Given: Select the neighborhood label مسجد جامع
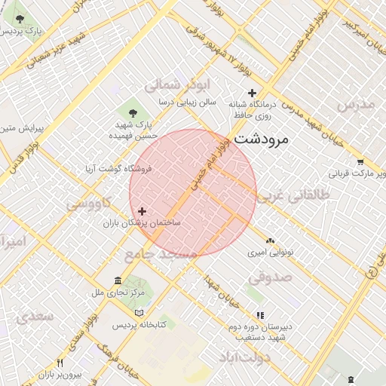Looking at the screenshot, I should coord(161,255).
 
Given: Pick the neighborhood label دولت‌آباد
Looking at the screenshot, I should coord(241,357).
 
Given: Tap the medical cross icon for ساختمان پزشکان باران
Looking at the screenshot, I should coord(142,211).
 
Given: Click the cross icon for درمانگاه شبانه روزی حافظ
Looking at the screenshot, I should coord(252,93).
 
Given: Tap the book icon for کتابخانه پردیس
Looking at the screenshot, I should coord(138,313).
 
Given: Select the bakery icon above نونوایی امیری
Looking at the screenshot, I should coord(270,241).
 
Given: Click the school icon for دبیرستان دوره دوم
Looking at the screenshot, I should coord(260,315).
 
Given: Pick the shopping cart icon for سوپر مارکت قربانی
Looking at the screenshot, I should coord(360,161).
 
